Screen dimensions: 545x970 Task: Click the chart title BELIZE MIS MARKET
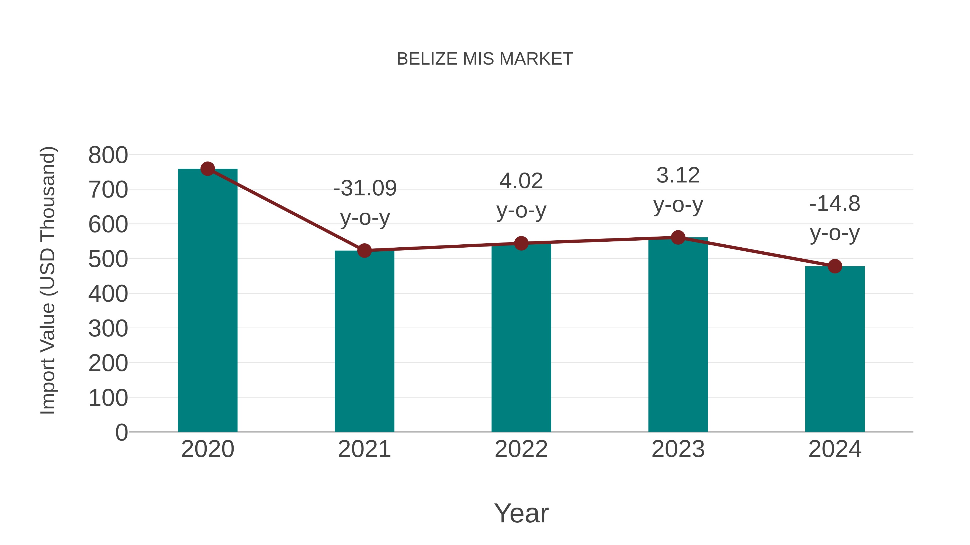(x=485, y=59)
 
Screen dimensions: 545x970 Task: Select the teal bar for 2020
(x=207, y=301)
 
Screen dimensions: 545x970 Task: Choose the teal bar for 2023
(x=678, y=335)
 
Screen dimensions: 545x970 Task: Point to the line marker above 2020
(x=207, y=169)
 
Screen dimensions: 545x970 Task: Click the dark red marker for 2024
(x=835, y=266)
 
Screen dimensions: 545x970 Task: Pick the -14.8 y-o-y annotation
(x=835, y=218)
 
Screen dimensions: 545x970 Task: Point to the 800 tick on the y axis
(x=108, y=155)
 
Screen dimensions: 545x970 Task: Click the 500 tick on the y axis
(x=108, y=259)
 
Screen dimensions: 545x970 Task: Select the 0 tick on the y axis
(x=121, y=432)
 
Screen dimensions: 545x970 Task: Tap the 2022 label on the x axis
(x=521, y=449)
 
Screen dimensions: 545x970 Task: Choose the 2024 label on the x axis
(x=835, y=449)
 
